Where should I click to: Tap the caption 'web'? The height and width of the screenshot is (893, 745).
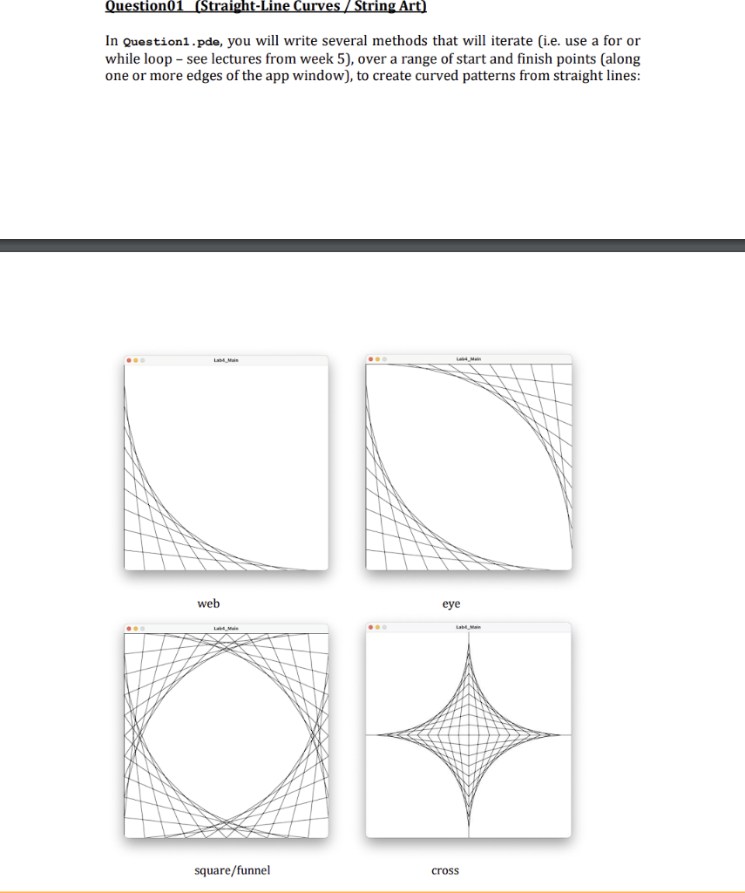(208, 603)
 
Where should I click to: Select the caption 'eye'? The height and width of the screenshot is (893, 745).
(451, 603)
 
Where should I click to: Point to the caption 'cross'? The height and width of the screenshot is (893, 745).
(444, 869)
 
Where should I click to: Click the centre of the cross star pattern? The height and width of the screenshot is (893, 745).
(469, 735)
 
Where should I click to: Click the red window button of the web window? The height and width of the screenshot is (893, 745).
(129, 359)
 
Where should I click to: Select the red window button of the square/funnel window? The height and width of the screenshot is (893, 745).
(129, 627)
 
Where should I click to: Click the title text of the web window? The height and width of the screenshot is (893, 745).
(226, 359)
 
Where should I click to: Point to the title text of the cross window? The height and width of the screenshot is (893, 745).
(469, 626)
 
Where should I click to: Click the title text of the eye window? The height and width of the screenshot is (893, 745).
(469, 358)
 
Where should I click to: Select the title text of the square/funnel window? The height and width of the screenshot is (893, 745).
(226, 627)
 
